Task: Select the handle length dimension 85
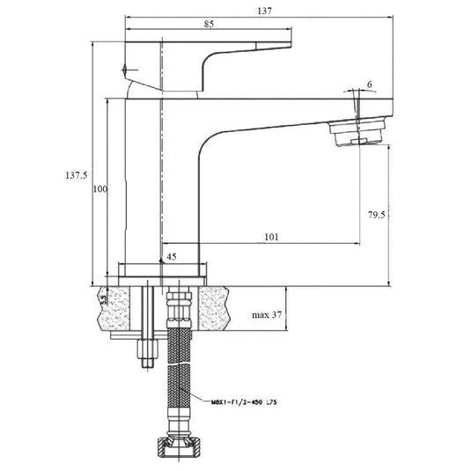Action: (x=208, y=24)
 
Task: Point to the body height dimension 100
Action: (x=100, y=190)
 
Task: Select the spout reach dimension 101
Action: (x=271, y=236)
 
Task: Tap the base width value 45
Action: (x=171, y=257)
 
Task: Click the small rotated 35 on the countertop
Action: (x=104, y=301)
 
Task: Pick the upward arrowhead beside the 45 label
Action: (x=160, y=258)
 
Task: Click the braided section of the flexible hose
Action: (x=179, y=387)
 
